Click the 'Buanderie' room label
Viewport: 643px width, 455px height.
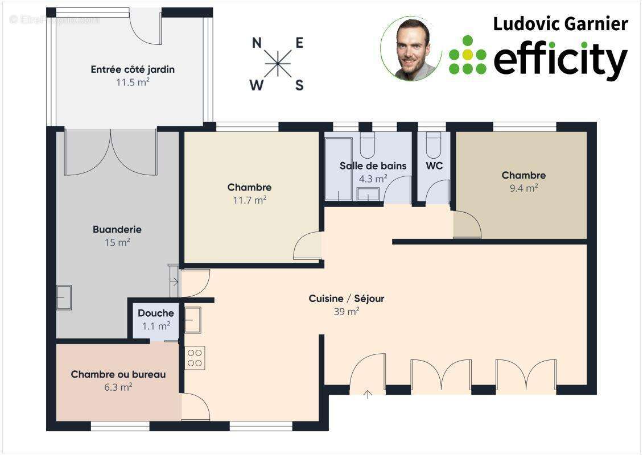point(117,229)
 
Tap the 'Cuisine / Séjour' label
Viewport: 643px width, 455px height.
point(347,299)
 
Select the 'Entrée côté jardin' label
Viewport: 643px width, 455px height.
point(133,69)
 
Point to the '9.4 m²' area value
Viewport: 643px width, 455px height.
point(524,188)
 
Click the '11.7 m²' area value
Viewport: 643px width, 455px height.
point(250,200)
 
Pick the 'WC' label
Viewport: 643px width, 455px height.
point(434,166)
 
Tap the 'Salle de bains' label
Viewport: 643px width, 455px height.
point(373,166)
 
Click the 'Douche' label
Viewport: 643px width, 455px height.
point(156,313)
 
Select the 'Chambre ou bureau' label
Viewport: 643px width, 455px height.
point(118,374)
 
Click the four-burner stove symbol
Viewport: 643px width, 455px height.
point(195,358)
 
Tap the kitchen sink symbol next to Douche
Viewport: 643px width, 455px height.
point(192,320)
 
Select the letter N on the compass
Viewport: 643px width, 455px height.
point(257,43)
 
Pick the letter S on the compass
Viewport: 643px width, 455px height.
point(299,86)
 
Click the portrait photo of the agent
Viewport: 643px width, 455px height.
point(411,49)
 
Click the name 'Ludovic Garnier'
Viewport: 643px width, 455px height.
point(560,24)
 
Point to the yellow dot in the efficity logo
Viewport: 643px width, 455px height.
point(468,55)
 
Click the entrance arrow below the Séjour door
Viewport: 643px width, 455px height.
point(368,394)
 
